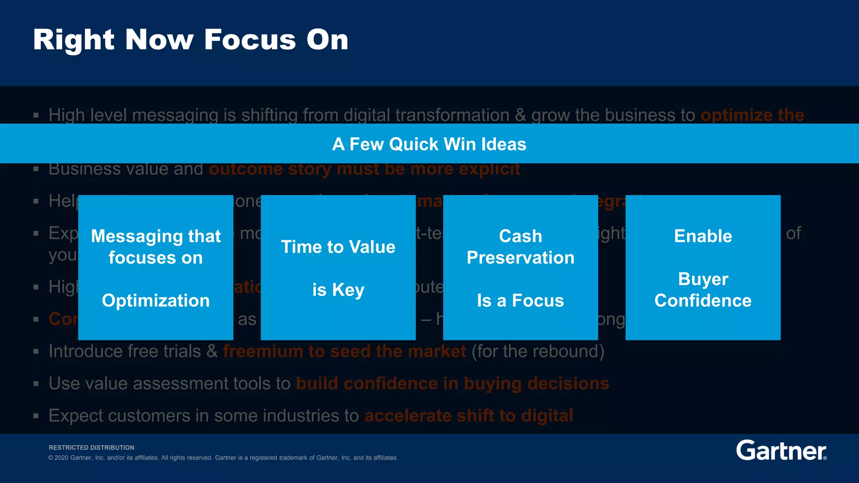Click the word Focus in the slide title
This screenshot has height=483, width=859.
250,40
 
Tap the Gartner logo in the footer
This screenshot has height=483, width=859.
781,451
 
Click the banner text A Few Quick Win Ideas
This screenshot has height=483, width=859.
429,144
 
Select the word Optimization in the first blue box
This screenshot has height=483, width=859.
156,301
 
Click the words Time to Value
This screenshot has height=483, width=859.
338,247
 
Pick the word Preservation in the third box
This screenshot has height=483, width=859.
521,258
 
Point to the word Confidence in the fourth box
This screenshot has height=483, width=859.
703,301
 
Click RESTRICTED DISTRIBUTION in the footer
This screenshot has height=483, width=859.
91,448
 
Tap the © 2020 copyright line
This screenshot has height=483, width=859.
223,458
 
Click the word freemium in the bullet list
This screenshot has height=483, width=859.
263,351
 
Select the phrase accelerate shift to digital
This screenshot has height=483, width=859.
469,416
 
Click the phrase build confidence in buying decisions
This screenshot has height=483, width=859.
453,384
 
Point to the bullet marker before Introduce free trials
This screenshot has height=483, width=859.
36,352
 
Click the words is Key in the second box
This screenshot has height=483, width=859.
338,290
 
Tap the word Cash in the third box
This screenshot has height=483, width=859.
521,236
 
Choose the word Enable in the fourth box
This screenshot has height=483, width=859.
703,236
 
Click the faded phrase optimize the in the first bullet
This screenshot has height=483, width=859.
752,115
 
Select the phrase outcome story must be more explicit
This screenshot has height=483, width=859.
364,169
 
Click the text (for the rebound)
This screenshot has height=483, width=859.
538,351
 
